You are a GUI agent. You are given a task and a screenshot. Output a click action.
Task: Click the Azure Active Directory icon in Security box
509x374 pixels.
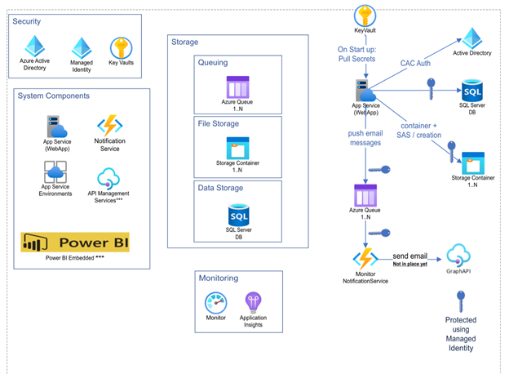(x=34, y=46)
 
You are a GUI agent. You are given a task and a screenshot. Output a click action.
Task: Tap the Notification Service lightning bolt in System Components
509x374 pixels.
(x=108, y=127)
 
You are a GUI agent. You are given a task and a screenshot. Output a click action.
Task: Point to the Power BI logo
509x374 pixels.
(x=76, y=243)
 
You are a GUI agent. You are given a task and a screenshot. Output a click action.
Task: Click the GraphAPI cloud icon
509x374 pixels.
(x=461, y=253)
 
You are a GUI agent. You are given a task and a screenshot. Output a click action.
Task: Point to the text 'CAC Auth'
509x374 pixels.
(x=416, y=62)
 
